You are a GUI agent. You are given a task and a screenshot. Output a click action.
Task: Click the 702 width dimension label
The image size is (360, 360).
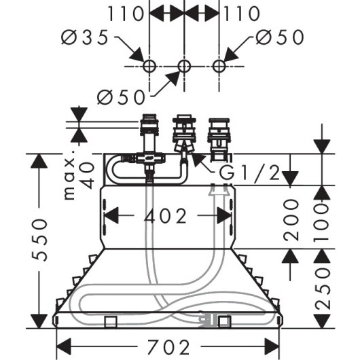(x=168, y=347)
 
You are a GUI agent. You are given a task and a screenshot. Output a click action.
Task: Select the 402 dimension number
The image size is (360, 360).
(x=165, y=216)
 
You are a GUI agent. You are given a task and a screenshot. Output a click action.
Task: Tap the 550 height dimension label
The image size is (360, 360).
(x=39, y=240)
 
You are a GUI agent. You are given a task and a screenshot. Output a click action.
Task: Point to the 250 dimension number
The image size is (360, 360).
(x=323, y=290)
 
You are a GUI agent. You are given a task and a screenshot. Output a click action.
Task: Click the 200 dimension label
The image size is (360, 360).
(x=291, y=220)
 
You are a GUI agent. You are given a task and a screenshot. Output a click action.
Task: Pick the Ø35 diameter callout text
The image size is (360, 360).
(x=84, y=37)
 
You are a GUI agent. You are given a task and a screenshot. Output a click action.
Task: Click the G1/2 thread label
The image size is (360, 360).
(x=249, y=173)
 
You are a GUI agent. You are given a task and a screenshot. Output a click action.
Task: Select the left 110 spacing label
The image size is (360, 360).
(x=126, y=14)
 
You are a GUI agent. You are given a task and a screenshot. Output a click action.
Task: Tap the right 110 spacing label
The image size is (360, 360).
(x=242, y=14)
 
